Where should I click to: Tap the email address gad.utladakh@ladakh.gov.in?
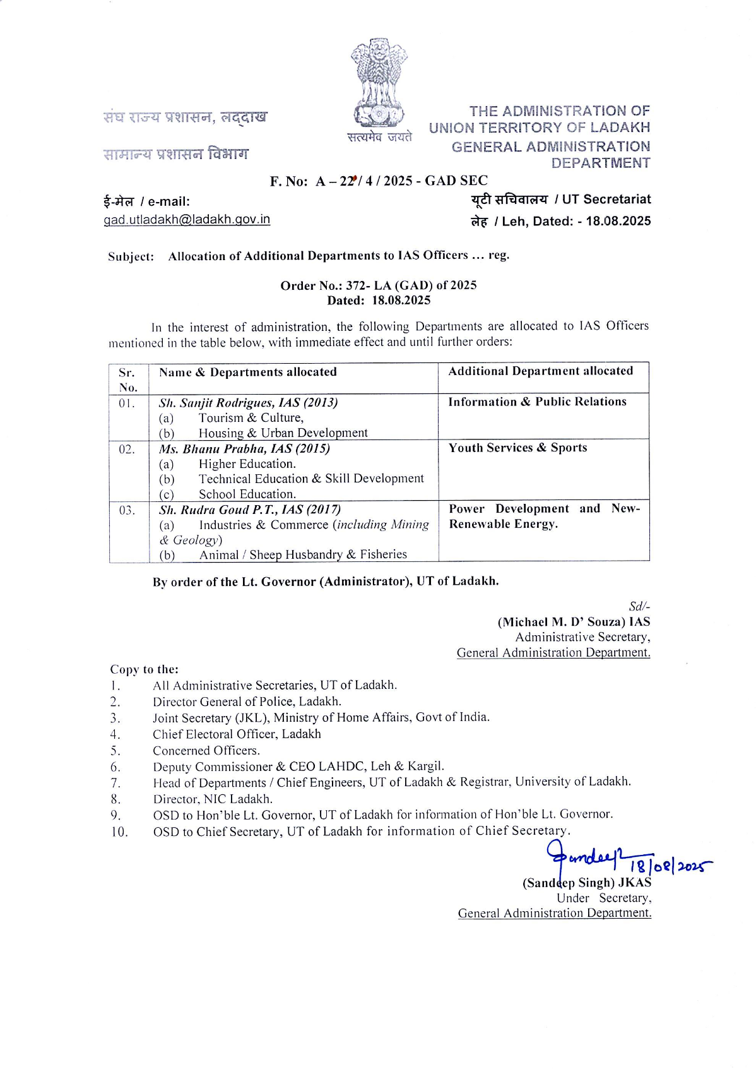[187, 219]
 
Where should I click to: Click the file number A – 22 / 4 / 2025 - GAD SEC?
[401, 181]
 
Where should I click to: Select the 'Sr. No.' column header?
[127, 379]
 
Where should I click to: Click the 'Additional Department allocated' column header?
[540, 371]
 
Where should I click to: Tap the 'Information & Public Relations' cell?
[537, 402]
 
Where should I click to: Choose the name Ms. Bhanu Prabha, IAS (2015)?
[244, 449]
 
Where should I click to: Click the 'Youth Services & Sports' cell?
[517, 448]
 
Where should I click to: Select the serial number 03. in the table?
[127, 510]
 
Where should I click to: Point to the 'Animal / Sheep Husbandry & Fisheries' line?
[303, 554]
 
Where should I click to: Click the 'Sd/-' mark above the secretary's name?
[639, 606]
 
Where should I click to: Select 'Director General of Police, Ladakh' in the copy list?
[247, 702]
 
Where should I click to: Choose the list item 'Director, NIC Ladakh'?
[213, 799]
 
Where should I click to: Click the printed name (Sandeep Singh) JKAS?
[586, 883]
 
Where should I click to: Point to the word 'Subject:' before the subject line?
[131, 256]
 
